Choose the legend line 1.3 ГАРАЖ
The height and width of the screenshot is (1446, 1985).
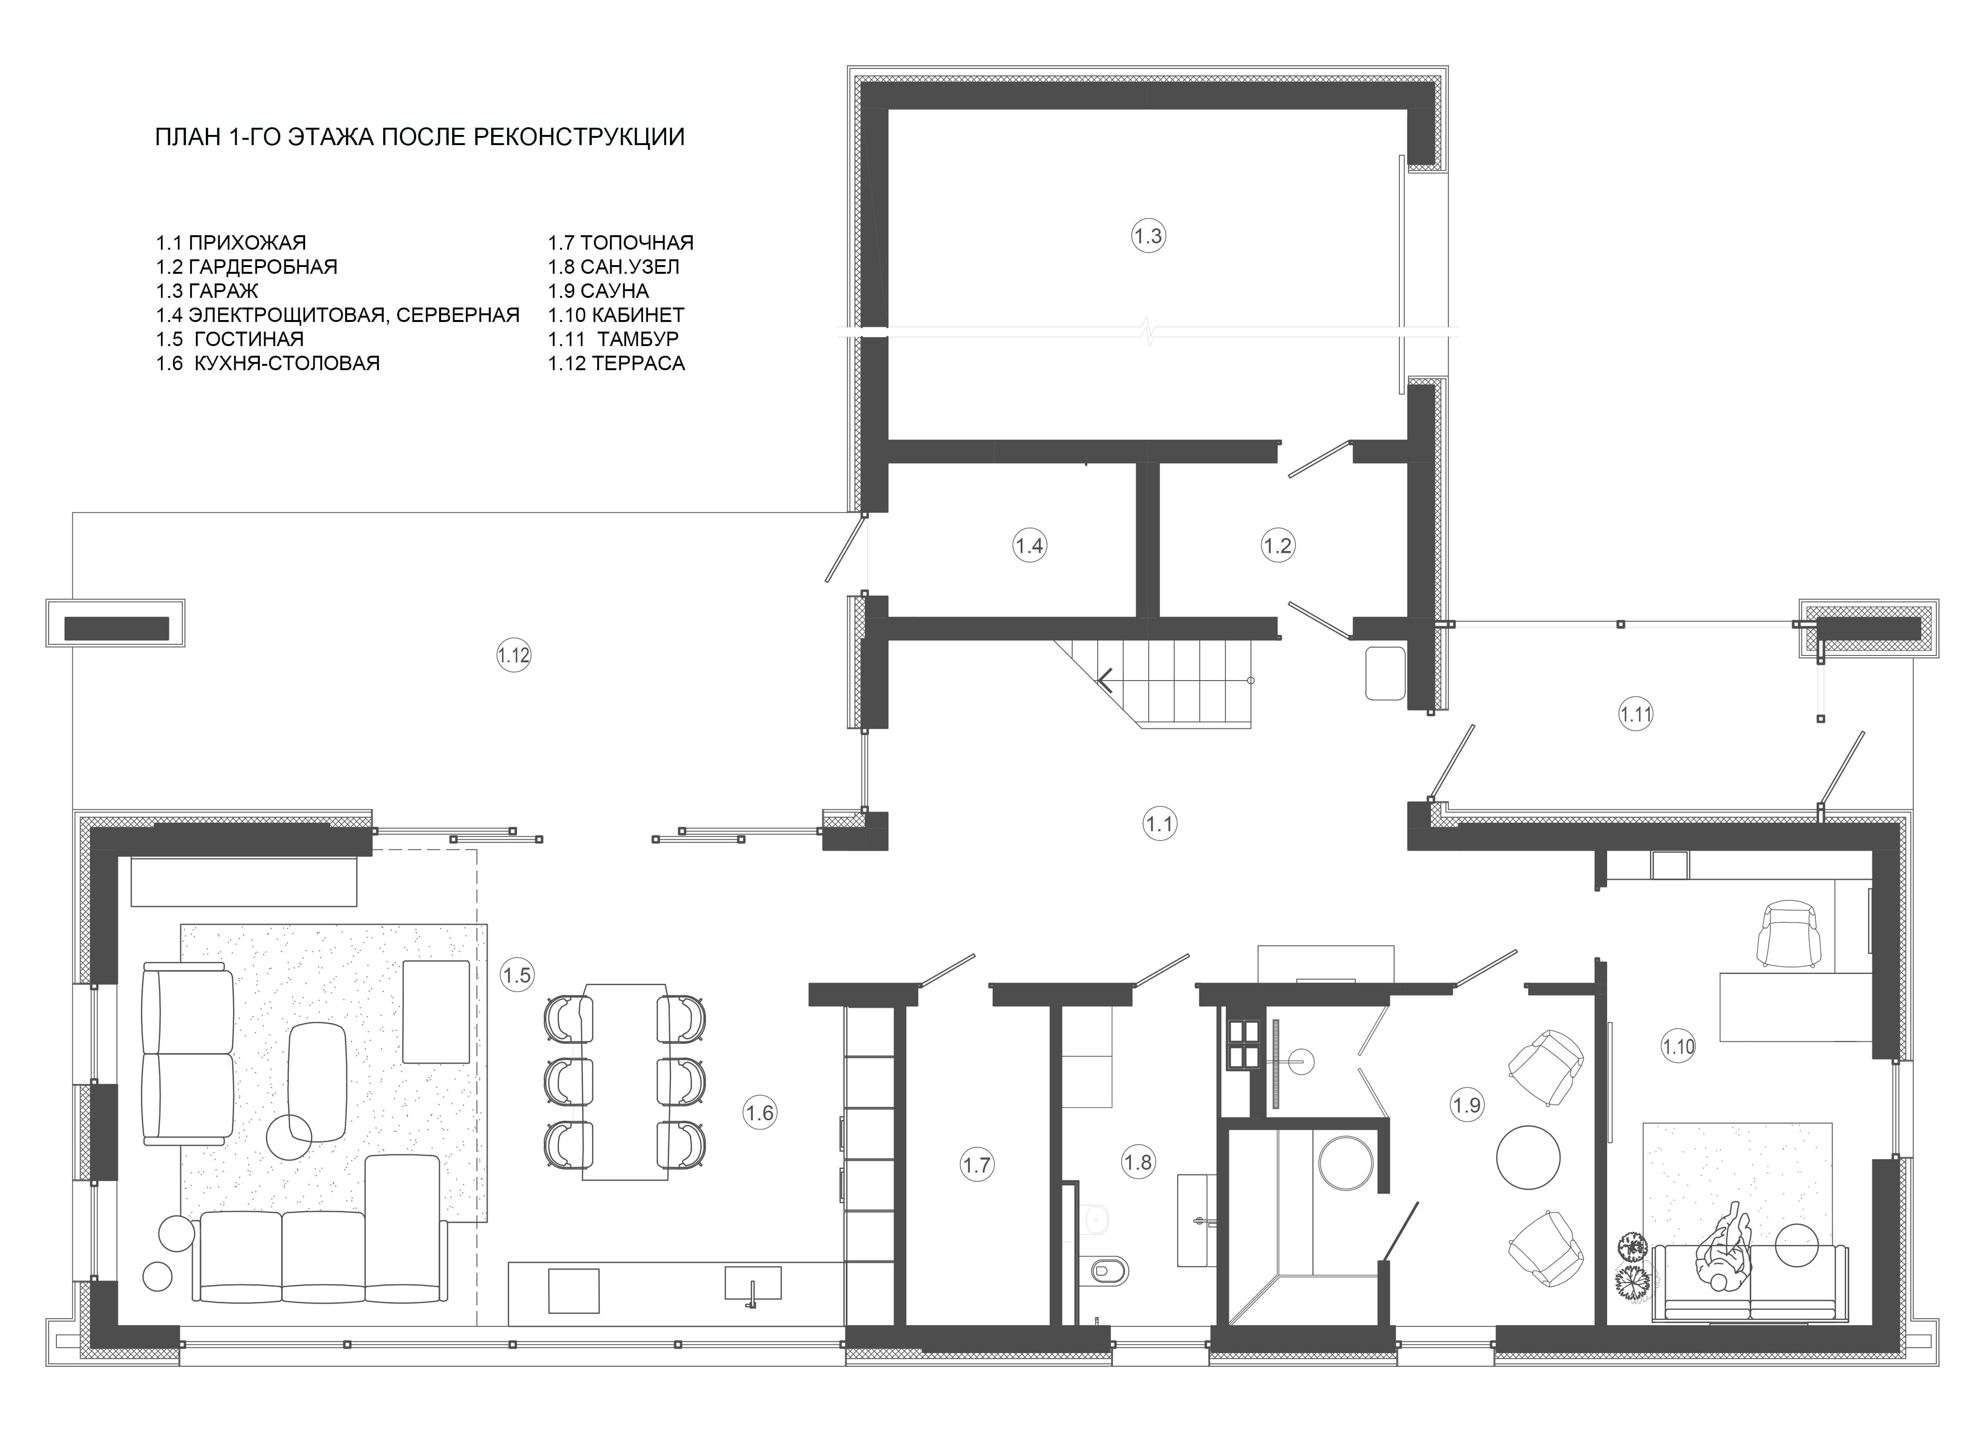(207, 291)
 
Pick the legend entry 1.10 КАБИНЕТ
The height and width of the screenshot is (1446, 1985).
(616, 315)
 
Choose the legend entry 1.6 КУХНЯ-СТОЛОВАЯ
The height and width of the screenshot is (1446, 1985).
(268, 363)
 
